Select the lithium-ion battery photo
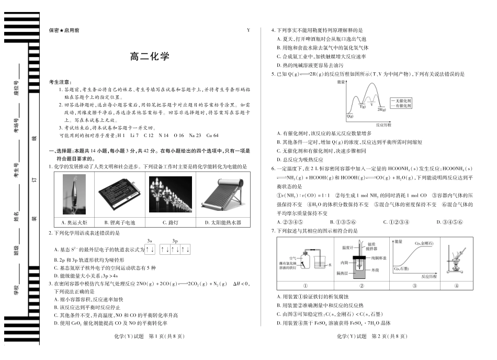[119, 194]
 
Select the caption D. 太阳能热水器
[217, 222]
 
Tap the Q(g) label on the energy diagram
[349, 116]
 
